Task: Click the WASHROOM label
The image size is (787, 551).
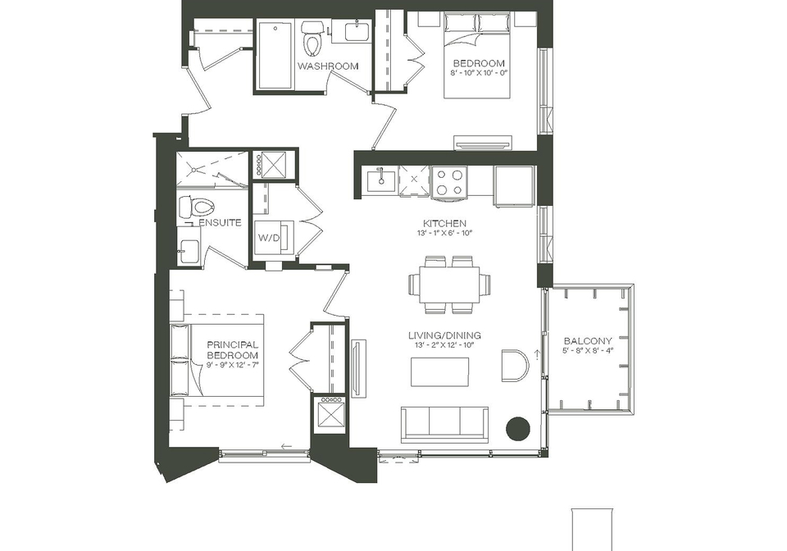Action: [328, 66]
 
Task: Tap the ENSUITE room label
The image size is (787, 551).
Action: [220, 222]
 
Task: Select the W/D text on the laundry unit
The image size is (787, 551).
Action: [269, 238]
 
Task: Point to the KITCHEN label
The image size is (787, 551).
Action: [444, 223]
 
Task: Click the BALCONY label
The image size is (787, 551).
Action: [588, 341]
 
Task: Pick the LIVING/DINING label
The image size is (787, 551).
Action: [444, 335]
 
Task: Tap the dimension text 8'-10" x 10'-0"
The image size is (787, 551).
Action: [479, 73]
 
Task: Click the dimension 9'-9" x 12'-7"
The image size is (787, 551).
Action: [233, 366]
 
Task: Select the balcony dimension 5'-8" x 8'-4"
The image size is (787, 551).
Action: [588, 351]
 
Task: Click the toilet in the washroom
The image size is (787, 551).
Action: [313, 39]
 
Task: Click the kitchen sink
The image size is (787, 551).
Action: [381, 180]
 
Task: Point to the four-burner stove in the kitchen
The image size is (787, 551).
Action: [449, 182]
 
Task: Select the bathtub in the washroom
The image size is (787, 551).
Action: [275, 55]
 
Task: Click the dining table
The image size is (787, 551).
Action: [450, 285]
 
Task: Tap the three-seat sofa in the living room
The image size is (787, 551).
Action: [444, 425]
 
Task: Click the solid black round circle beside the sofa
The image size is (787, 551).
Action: [518, 428]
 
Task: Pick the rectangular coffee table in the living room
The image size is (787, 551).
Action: [440, 372]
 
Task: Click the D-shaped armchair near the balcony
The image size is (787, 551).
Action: [515, 366]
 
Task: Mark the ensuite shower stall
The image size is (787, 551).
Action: [212, 169]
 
